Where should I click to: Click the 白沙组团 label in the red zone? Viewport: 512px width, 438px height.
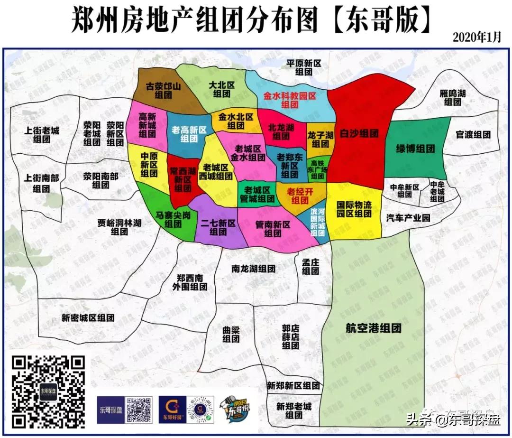(x=359, y=134)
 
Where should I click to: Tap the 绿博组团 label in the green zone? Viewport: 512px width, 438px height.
(x=415, y=149)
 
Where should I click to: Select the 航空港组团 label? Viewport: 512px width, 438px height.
(x=373, y=328)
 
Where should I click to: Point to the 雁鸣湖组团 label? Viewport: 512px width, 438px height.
(x=452, y=98)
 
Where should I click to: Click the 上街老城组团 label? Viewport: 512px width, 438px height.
(x=42, y=135)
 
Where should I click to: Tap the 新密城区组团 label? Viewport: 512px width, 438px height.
(x=88, y=318)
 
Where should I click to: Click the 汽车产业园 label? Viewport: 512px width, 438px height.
(x=407, y=218)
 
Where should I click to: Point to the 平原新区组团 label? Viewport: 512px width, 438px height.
(x=304, y=67)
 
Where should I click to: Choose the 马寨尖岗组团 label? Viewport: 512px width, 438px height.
(x=173, y=220)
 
